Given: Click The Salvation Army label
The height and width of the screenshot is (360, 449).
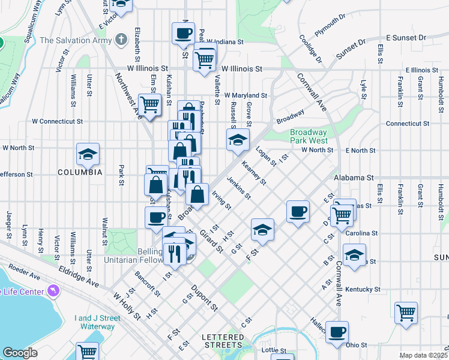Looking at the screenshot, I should click(76, 41).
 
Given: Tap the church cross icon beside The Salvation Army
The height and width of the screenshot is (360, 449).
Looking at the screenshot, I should click(122, 40).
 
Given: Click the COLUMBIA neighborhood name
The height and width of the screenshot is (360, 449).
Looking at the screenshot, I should click(79, 172).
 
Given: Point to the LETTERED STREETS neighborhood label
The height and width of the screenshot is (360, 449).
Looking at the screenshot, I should click(223, 341).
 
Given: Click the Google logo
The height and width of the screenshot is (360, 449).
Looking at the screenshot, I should click(20, 353).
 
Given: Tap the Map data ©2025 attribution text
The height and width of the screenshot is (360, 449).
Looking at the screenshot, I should click(423, 355).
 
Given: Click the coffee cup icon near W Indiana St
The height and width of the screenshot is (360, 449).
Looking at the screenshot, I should click(184, 33).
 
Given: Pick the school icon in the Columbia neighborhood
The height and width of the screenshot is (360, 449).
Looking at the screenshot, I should click(88, 154).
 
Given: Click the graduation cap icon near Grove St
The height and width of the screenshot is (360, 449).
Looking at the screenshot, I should click(238, 140).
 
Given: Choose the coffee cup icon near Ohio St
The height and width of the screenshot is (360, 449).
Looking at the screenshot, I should click(337, 331).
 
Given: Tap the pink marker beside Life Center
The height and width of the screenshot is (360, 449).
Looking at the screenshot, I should click(55, 291).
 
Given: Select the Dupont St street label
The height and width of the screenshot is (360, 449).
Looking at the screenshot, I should click(203, 298).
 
